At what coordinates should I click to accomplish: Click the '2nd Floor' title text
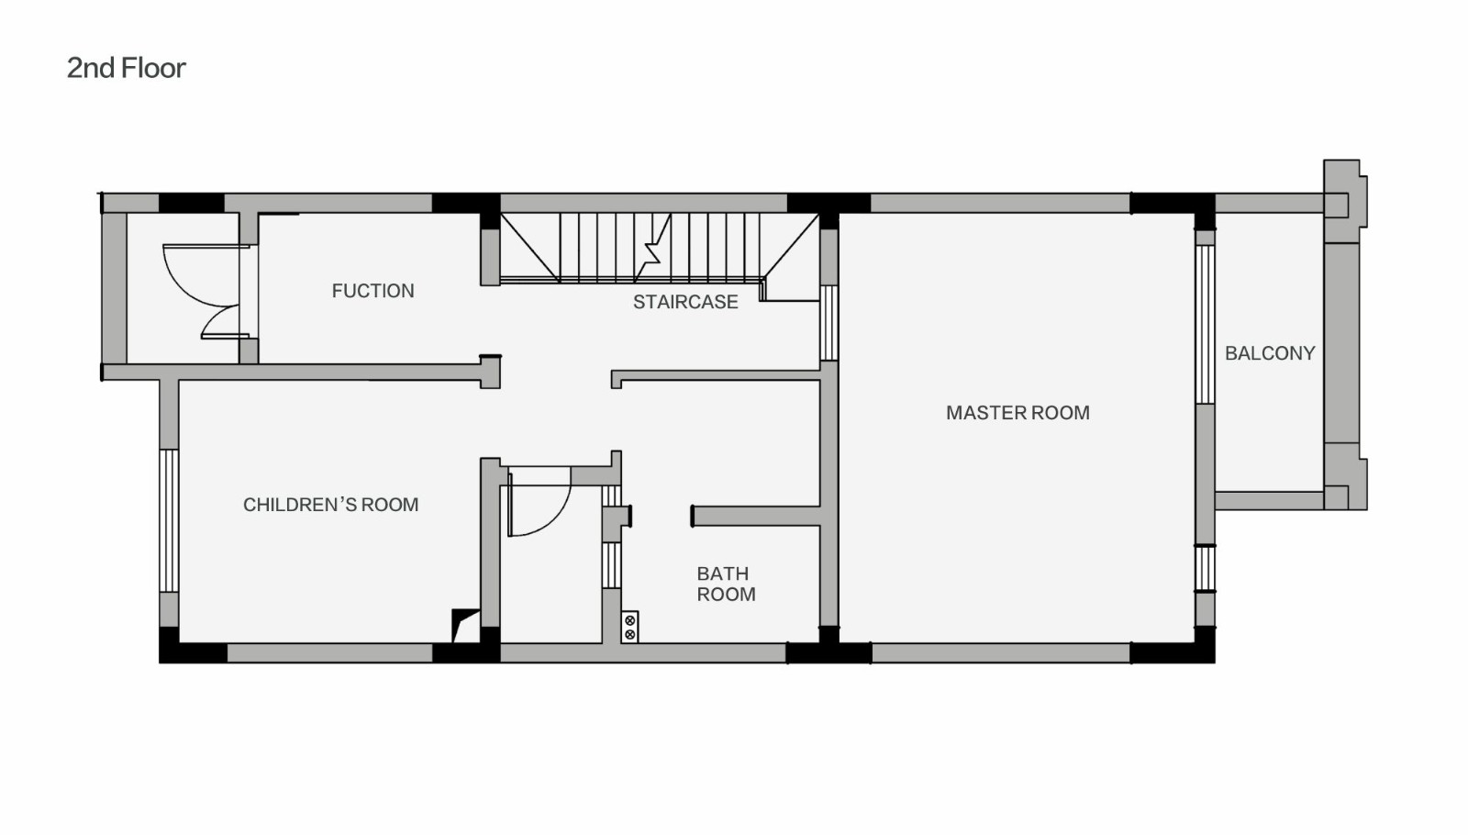(x=126, y=68)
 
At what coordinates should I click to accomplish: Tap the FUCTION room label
(x=373, y=291)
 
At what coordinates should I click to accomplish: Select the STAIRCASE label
(x=685, y=302)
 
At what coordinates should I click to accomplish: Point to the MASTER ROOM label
(x=1018, y=413)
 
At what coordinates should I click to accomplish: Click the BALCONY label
(x=1270, y=354)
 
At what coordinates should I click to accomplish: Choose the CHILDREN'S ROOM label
(x=331, y=505)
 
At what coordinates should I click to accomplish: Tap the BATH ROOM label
(x=726, y=584)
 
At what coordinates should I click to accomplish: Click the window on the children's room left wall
(x=169, y=521)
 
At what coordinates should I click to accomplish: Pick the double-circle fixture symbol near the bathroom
(x=629, y=628)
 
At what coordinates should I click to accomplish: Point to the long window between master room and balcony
(x=1206, y=325)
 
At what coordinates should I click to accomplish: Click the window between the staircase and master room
(x=829, y=323)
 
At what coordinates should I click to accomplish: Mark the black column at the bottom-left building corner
(x=169, y=646)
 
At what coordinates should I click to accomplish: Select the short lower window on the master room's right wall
(x=1206, y=568)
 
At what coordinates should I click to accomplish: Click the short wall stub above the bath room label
(x=756, y=517)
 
